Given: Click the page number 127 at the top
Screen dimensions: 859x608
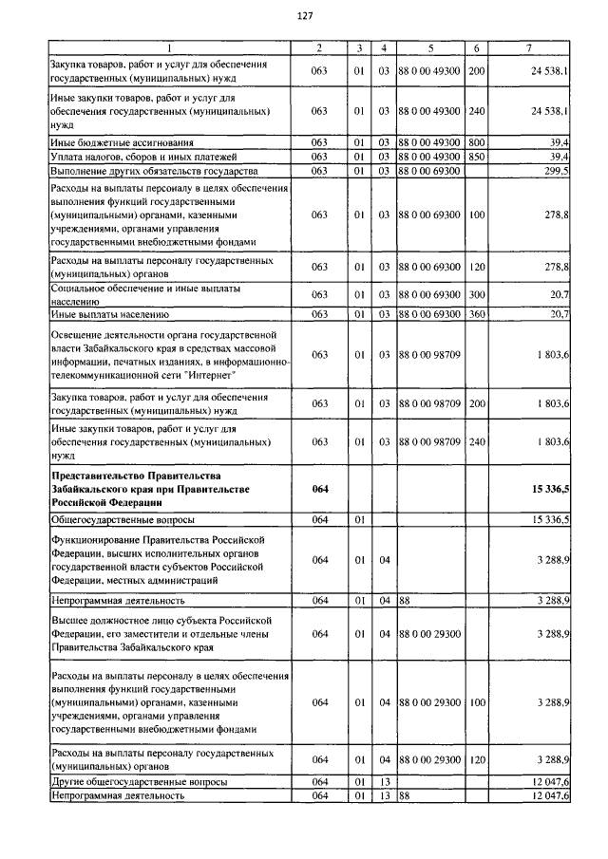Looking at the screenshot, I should click(x=305, y=16).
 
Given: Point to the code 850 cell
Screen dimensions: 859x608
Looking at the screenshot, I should click(x=476, y=156).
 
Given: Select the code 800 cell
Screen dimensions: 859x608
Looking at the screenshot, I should click(x=476, y=141).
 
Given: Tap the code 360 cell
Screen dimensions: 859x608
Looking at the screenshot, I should click(x=476, y=313).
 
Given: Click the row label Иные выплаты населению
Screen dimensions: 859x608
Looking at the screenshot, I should click(x=108, y=313).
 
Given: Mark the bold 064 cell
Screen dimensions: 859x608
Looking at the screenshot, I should click(x=319, y=489).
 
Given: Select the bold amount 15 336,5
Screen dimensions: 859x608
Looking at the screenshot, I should click(x=545, y=489).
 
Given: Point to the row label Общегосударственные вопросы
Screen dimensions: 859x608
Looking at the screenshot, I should click(x=122, y=520).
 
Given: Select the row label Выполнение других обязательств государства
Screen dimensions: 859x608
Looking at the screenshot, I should click(x=153, y=170).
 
